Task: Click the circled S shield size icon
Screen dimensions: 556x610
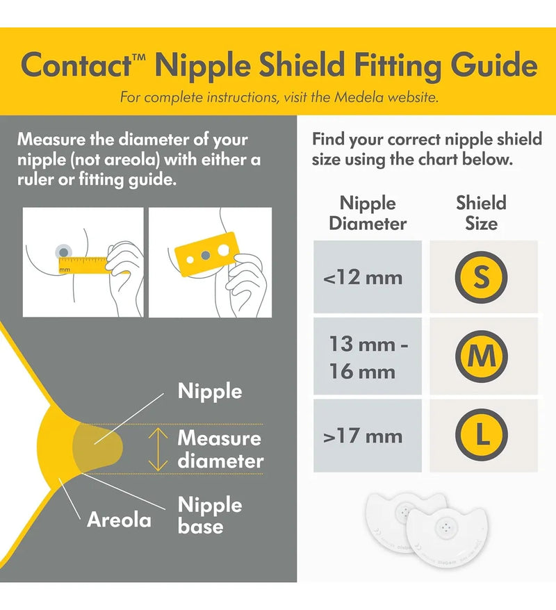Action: pyautogui.click(x=481, y=277)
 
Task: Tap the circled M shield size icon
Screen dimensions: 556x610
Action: pyautogui.click(x=482, y=356)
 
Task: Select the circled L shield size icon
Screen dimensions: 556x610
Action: pyautogui.click(x=482, y=434)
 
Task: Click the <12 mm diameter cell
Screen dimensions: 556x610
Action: pyautogui.click(x=367, y=277)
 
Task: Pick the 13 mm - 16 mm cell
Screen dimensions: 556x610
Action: pyautogui.click(x=367, y=356)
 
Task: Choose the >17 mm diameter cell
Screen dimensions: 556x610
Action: pyautogui.click(x=367, y=436)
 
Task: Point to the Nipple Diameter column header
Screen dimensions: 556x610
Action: pyautogui.click(x=368, y=213)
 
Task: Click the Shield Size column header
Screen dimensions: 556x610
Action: pyautogui.click(x=482, y=213)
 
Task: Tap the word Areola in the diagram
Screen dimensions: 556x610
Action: pyautogui.click(x=119, y=520)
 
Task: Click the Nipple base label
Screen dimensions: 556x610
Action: pyautogui.click(x=210, y=515)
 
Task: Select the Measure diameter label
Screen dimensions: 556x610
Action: pyautogui.click(x=220, y=450)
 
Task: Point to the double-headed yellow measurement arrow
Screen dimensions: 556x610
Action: pyautogui.click(x=158, y=450)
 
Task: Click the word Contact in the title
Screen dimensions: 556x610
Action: pyautogui.click(x=76, y=65)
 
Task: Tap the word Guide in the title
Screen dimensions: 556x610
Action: pyautogui.click(x=494, y=66)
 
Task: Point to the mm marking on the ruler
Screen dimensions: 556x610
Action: pyautogui.click(x=65, y=269)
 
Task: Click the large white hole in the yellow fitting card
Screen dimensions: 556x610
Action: pyautogui.click(x=223, y=249)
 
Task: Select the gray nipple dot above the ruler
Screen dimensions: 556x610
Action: pyautogui.click(x=64, y=252)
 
